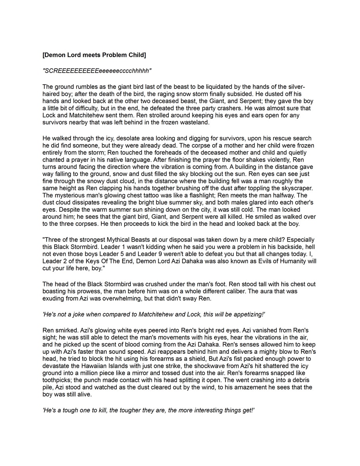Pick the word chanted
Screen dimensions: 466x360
55,160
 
